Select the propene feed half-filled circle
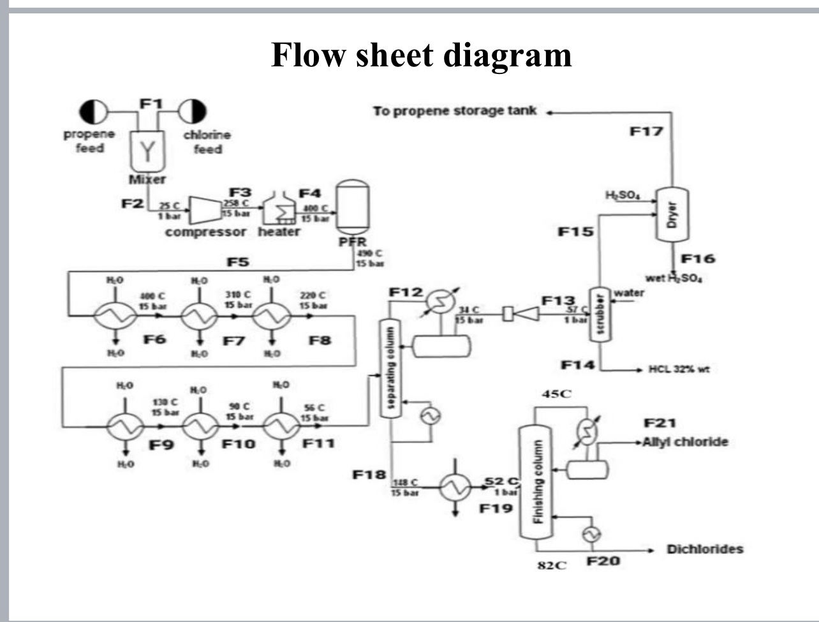(x=94, y=112)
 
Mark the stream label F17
(x=646, y=132)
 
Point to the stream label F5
(x=238, y=262)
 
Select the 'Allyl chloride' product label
(x=685, y=442)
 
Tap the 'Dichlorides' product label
(x=705, y=549)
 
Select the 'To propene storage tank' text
(x=455, y=111)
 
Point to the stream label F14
(x=578, y=365)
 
